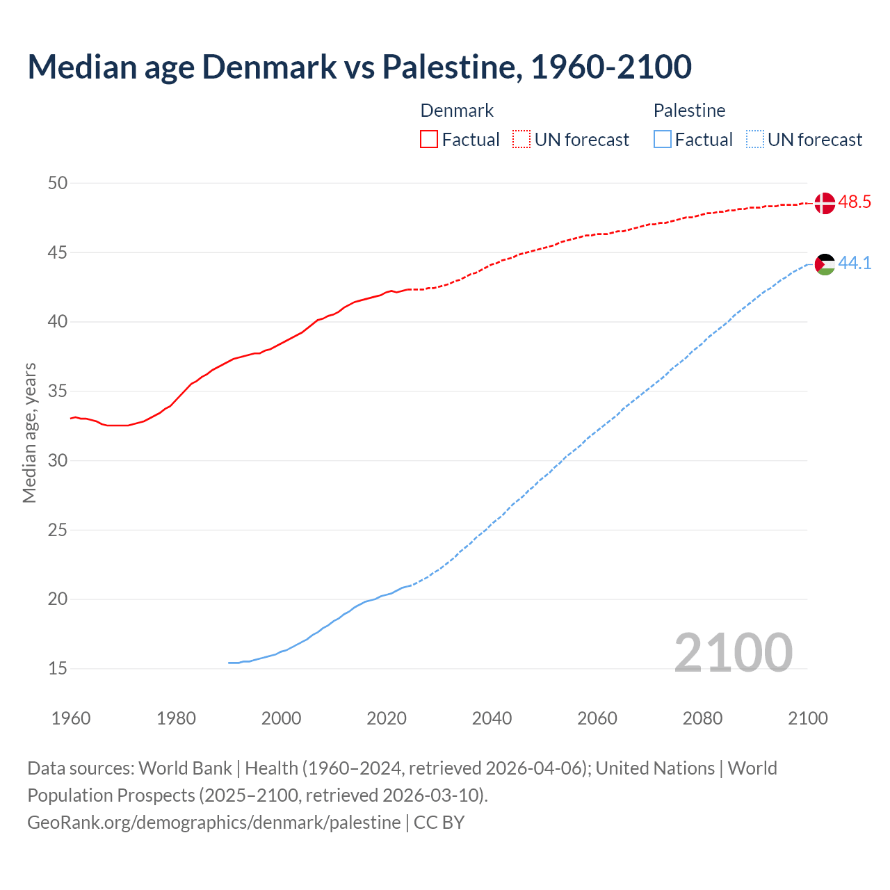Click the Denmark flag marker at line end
click(824, 203)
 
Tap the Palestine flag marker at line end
click(824, 264)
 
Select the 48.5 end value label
click(855, 202)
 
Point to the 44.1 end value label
click(855, 264)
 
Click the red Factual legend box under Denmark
click(429, 140)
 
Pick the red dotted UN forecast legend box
click(521, 140)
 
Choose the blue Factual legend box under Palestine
click(663, 140)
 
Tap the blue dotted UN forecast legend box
click(755, 140)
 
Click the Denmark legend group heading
click(457, 111)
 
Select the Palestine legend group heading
click(689, 111)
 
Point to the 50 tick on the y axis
click(58, 183)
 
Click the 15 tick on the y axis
click(58, 668)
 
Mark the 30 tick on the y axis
click(58, 460)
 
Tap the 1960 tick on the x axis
click(71, 718)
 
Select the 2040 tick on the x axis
click(492, 718)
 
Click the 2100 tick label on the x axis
click(807, 718)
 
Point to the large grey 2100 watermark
click(733, 652)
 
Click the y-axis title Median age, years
click(29, 432)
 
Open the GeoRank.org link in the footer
click(214, 823)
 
